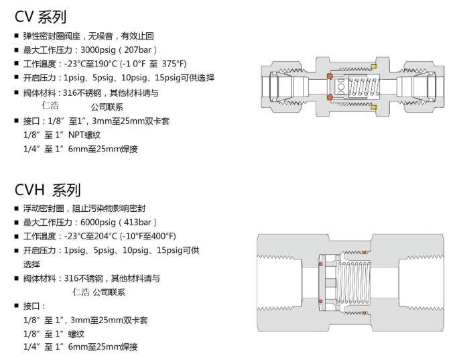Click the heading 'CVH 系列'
click(47, 190)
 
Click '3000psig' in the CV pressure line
click(100, 50)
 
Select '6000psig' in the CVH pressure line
click(100, 222)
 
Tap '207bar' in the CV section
click(139, 50)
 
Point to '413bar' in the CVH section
click(139, 222)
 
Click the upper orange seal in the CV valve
click(330, 77)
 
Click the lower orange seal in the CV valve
click(330, 97)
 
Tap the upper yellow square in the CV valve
click(375, 66)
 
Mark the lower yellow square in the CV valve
click(375, 107)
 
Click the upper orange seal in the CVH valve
click(320, 263)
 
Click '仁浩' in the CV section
click(50, 105)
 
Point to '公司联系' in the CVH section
click(109, 292)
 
